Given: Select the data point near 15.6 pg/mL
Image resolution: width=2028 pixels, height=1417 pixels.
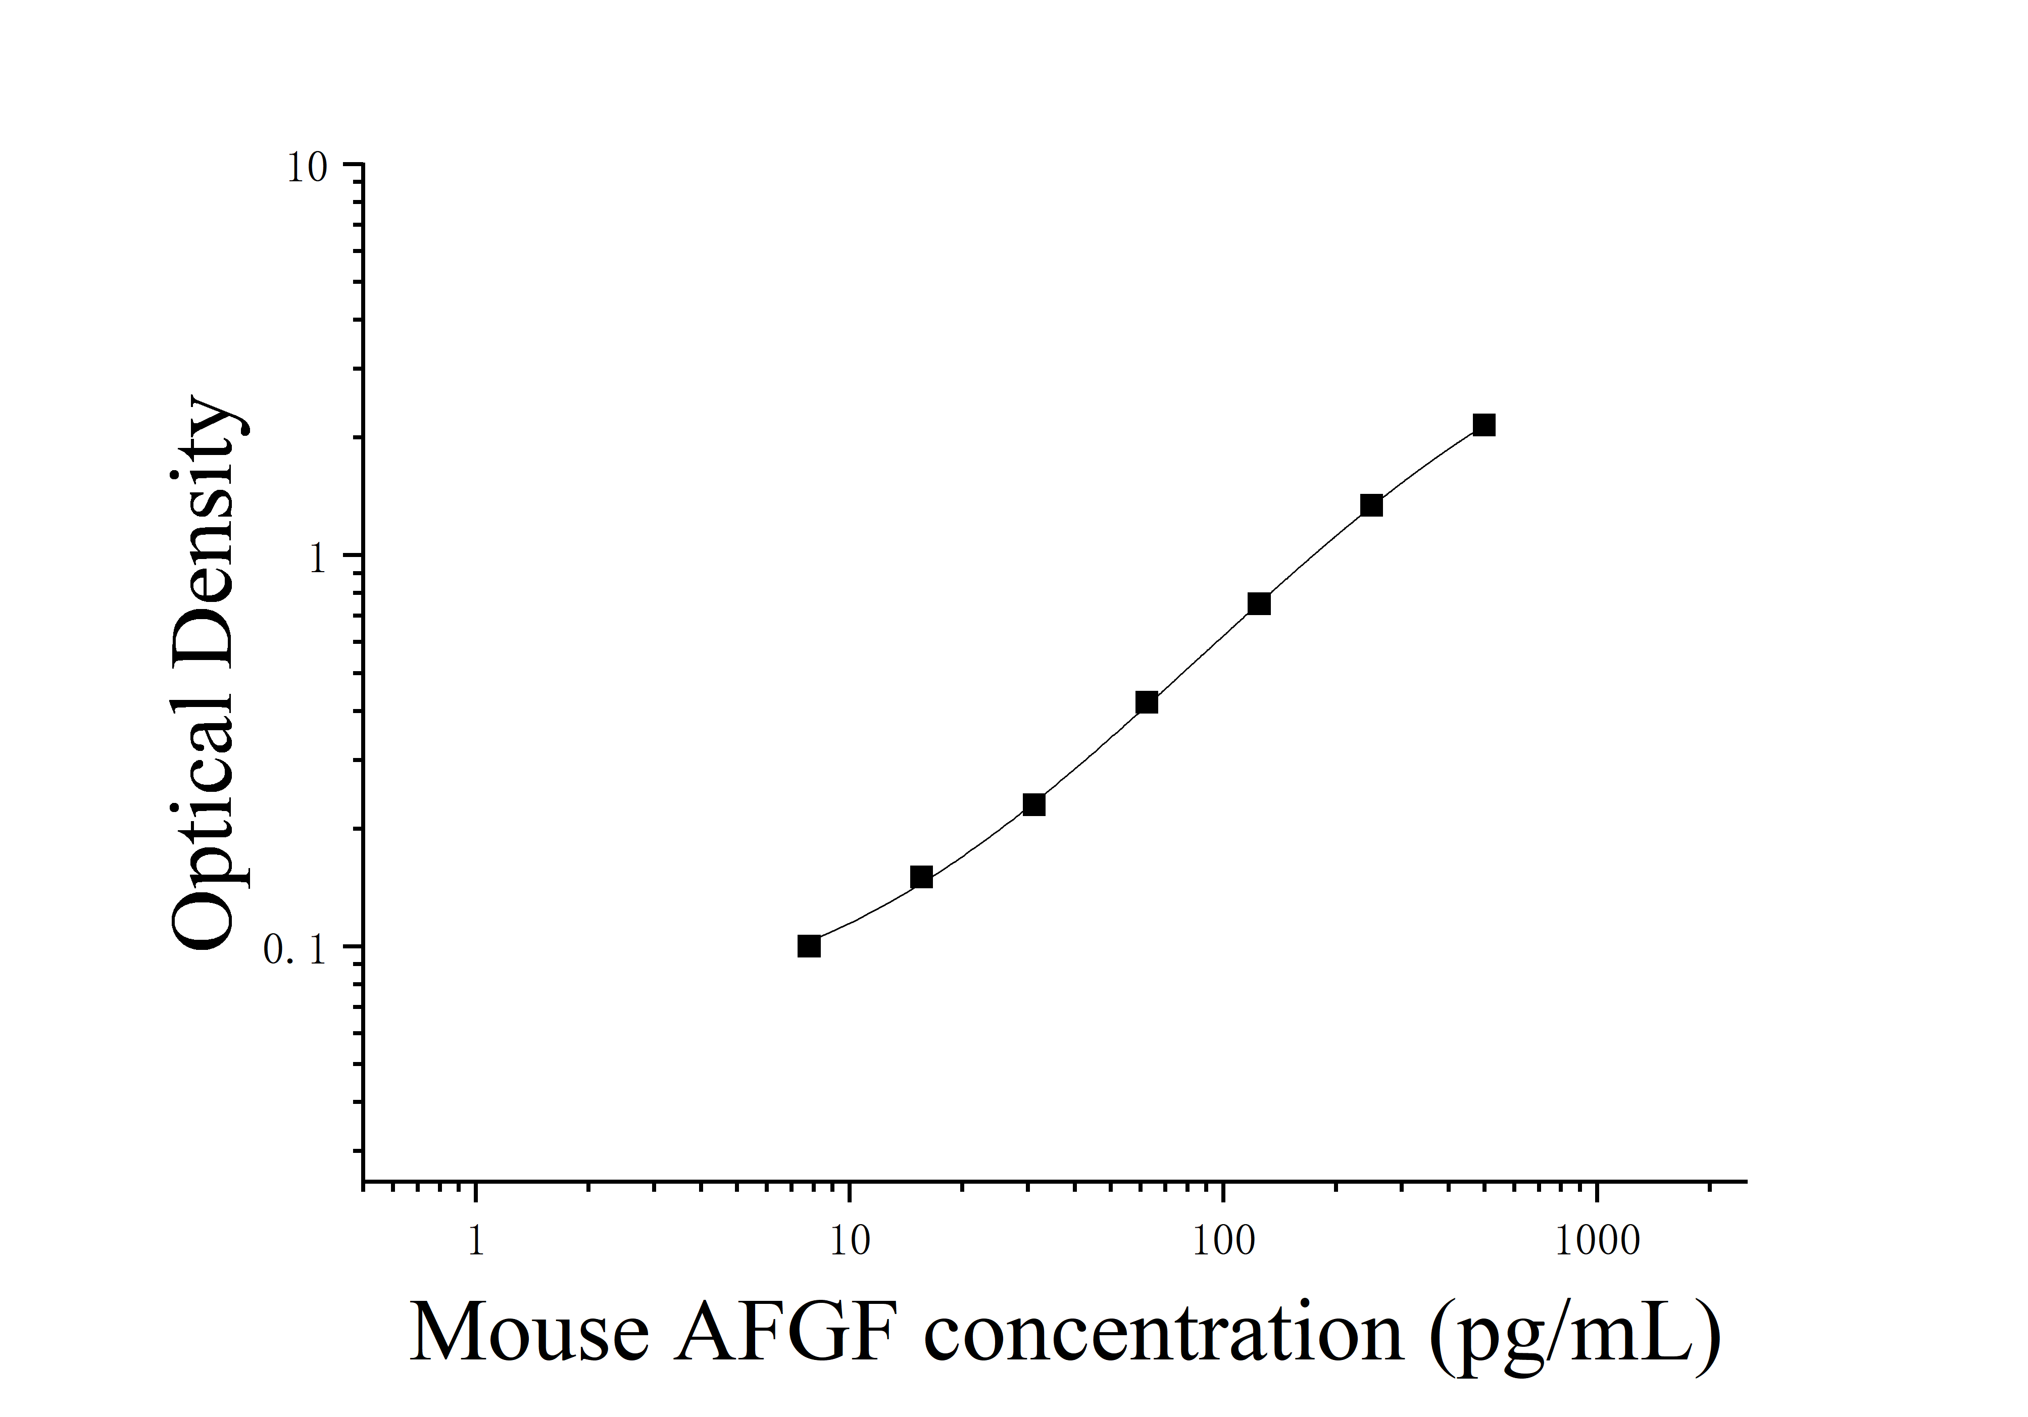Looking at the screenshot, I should [x=921, y=877].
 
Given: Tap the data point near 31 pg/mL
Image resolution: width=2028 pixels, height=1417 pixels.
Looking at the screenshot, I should [x=1033, y=804].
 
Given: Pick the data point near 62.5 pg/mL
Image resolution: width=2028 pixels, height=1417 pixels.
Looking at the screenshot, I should [x=1147, y=703].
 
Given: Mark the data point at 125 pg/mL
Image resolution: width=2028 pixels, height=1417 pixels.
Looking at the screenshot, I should [x=1259, y=604].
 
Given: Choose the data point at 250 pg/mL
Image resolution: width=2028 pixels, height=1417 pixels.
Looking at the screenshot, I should [x=1371, y=505].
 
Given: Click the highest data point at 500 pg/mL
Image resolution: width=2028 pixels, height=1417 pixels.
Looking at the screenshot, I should [x=1484, y=426].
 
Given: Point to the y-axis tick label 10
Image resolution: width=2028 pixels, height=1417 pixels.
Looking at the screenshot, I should [x=307, y=168].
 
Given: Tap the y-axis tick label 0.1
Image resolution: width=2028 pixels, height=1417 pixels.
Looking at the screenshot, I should [x=295, y=950].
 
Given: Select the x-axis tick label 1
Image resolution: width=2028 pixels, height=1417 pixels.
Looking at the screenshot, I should [x=476, y=1241].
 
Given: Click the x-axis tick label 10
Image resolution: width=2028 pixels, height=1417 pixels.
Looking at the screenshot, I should [x=850, y=1241].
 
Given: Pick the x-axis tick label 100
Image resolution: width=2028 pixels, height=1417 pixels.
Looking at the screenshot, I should [x=1223, y=1241].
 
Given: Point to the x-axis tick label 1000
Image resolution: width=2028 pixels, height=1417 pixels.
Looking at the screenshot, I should [x=1597, y=1241].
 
